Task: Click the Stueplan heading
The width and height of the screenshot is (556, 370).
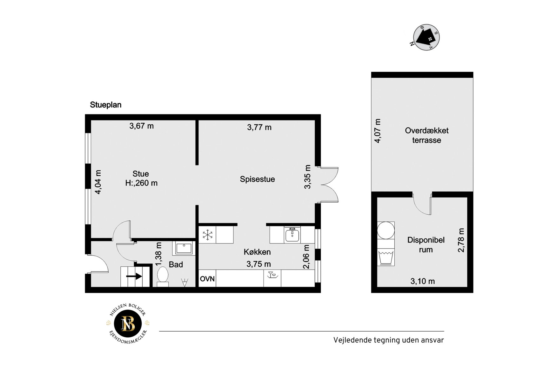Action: (x=106, y=105)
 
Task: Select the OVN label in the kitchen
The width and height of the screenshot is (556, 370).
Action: (x=207, y=279)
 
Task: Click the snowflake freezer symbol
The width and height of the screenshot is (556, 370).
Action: (x=208, y=235)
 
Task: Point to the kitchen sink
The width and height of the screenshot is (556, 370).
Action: (x=292, y=235)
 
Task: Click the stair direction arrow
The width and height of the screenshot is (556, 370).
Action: (x=134, y=276)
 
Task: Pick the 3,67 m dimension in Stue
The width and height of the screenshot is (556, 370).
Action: (x=142, y=126)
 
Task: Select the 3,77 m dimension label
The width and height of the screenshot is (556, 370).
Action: (x=259, y=127)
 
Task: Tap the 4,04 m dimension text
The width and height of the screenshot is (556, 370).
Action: (x=98, y=182)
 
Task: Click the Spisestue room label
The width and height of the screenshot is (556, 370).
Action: (x=257, y=179)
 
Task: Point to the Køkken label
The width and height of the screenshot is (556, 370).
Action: (x=257, y=252)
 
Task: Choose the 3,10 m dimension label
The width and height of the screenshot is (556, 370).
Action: (x=423, y=281)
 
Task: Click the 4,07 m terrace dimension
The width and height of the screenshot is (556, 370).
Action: (x=378, y=131)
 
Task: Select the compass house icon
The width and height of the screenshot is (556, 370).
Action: (x=426, y=37)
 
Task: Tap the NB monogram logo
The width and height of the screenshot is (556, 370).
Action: (x=128, y=324)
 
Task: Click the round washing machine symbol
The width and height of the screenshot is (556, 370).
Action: (x=386, y=230)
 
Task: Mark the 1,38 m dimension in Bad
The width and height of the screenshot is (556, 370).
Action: (x=158, y=254)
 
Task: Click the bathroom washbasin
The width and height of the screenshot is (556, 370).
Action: (x=184, y=248)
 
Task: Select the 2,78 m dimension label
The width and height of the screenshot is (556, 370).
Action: (x=461, y=240)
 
